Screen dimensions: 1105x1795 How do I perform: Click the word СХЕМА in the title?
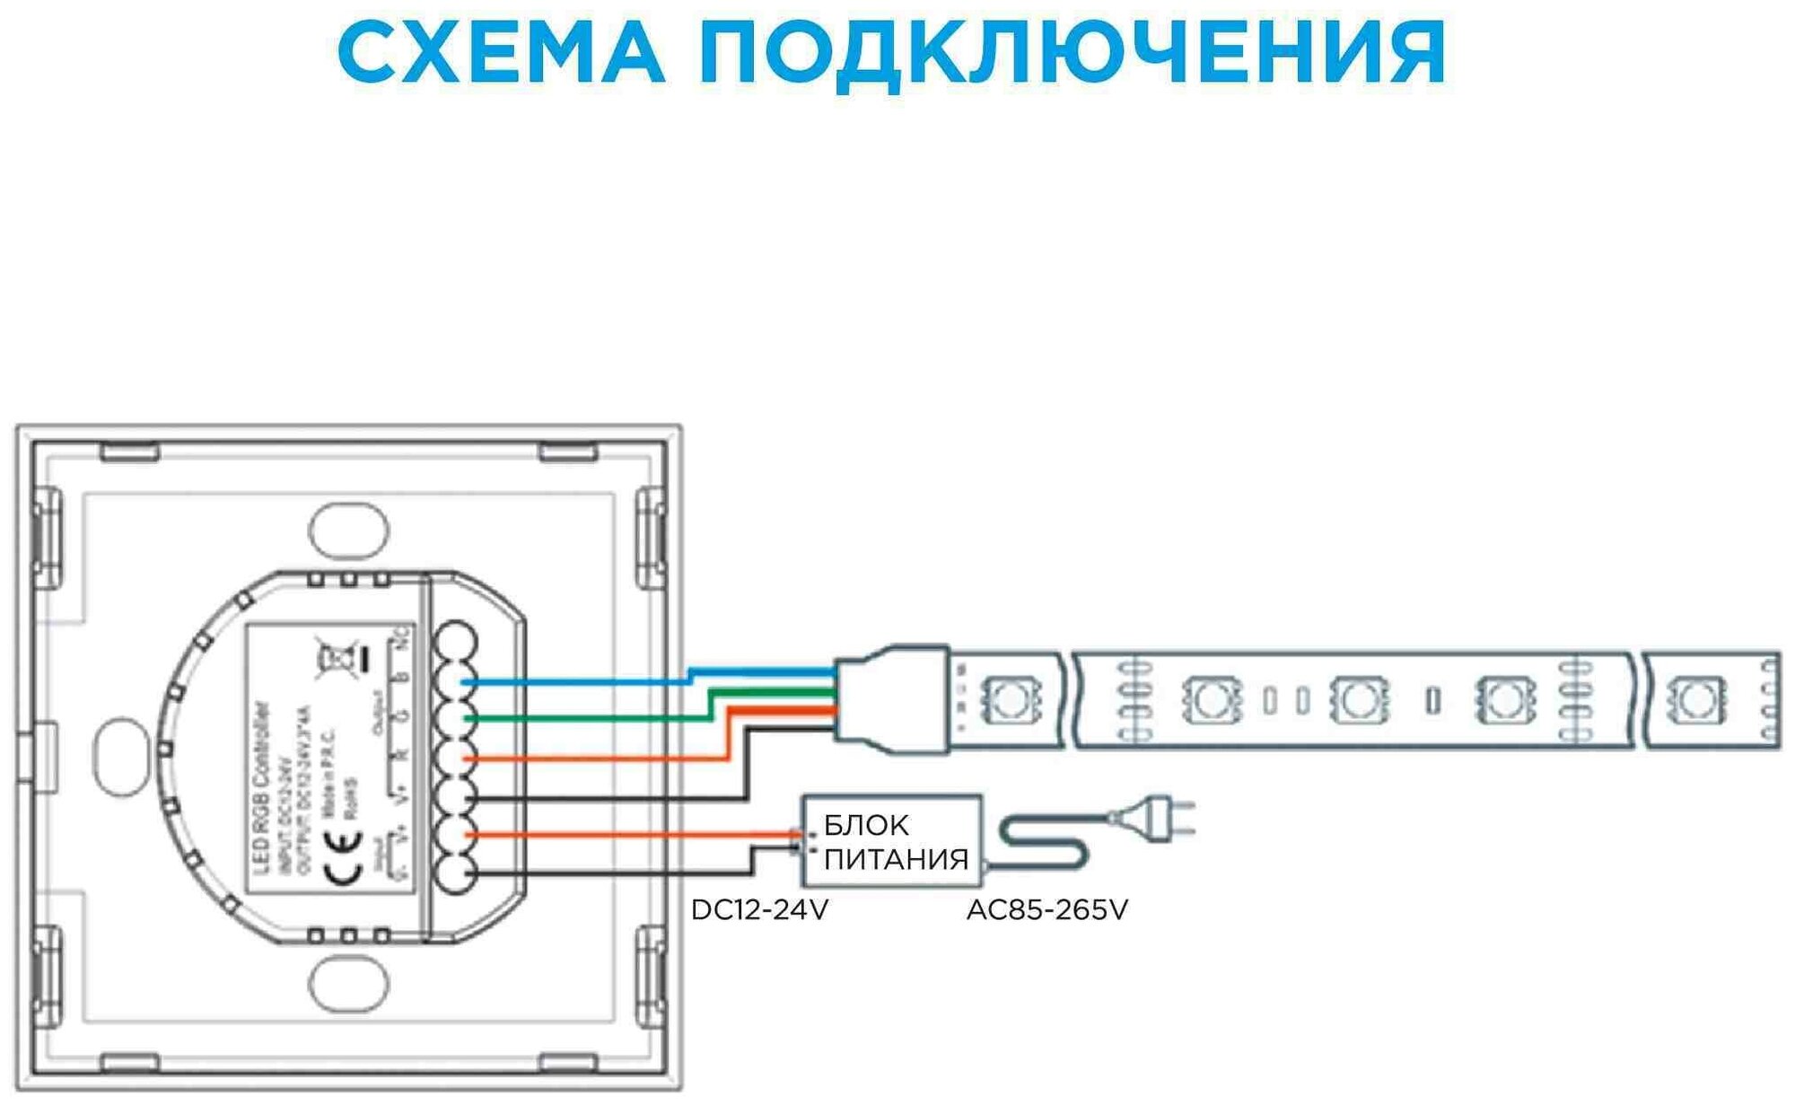(500, 52)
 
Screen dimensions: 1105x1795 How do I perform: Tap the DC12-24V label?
(759, 910)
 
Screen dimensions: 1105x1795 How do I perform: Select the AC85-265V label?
(1046, 910)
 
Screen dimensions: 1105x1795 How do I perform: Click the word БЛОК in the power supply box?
(866, 825)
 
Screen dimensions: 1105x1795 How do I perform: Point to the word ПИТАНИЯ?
(896, 859)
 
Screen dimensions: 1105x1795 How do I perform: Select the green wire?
(583, 718)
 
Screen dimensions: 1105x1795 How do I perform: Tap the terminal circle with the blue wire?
(456, 681)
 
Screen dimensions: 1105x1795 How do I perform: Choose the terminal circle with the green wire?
(456, 718)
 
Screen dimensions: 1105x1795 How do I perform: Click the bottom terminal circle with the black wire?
(456, 873)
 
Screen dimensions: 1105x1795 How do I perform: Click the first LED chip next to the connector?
(1008, 698)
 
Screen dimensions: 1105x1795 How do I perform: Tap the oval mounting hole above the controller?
(349, 531)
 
